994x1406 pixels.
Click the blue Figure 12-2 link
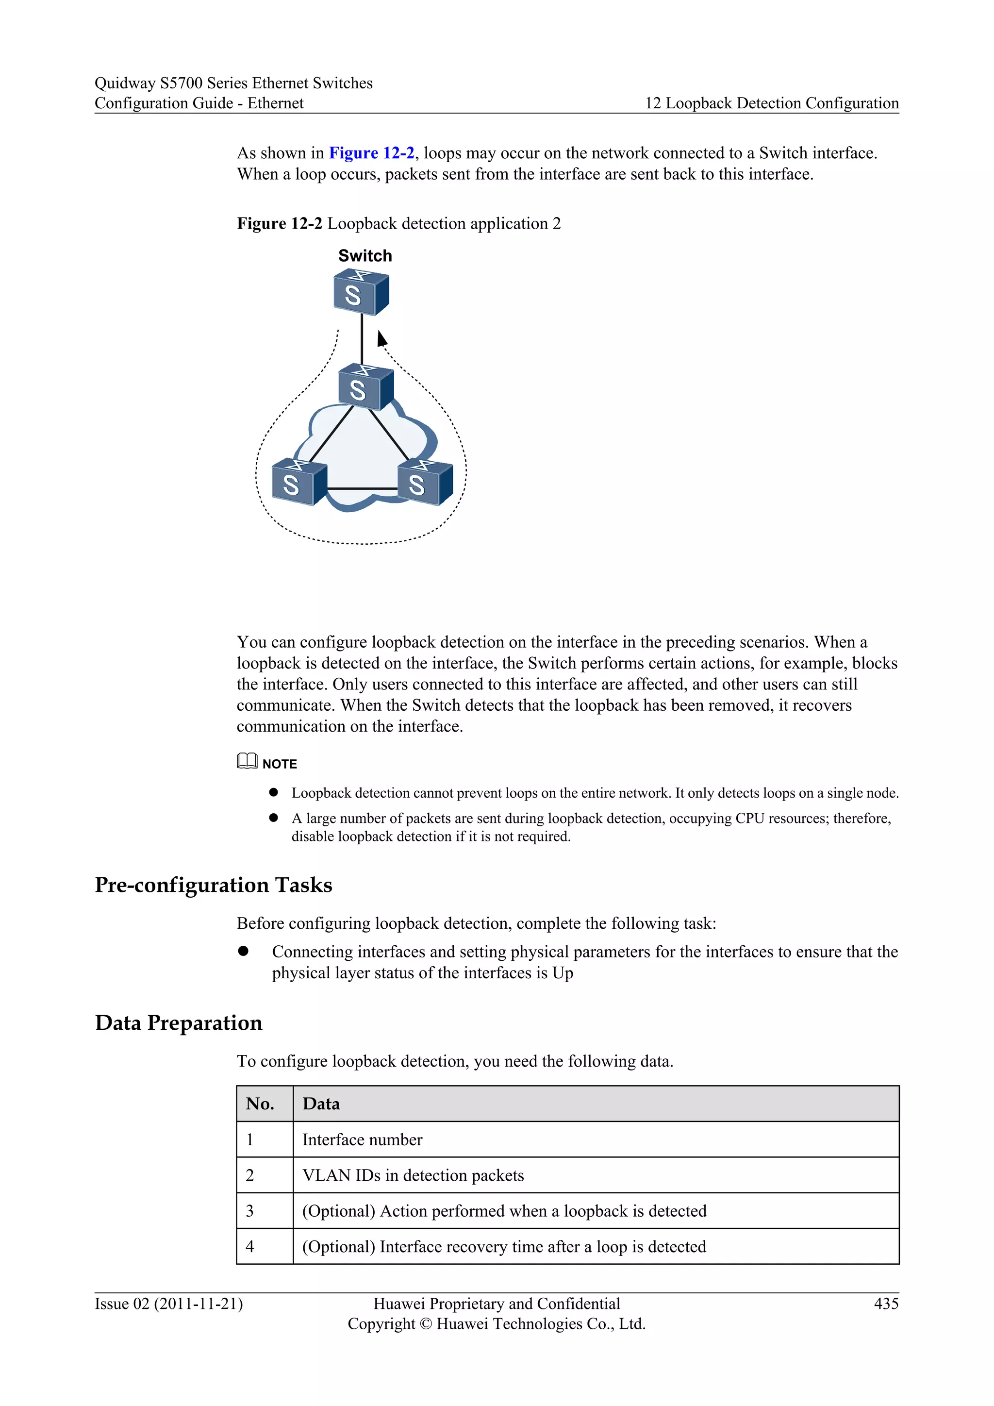pyautogui.click(x=371, y=153)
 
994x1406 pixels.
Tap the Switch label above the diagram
pyautogui.click(x=365, y=256)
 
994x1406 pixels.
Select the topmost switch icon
pyautogui.click(x=361, y=293)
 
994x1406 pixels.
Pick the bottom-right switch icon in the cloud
pyautogui.click(x=425, y=483)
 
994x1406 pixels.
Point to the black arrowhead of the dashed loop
pyautogui.click(x=381, y=339)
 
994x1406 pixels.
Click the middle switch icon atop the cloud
pyautogui.click(x=365, y=387)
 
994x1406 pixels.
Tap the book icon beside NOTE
pyautogui.click(x=247, y=761)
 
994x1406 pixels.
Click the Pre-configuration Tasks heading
pyautogui.click(x=213, y=885)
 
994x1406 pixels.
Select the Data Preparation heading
pyautogui.click(x=179, y=1022)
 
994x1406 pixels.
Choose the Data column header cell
pyautogui.click(x=321, y=1104)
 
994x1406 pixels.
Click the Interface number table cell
pyautogui.click(x=363, y=1139)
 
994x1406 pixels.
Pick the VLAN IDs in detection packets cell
pyautogui.click(x=413, y=1175)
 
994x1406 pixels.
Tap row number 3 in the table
pyautogui.click(x=250, y=1211)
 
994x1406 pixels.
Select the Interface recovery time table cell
pyautogui.click(x=504, y=1246)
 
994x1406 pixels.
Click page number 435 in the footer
pyautogui.click(x=886, y=1304)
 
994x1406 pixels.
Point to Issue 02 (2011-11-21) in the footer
pyautogui.click(x=168, y=1304)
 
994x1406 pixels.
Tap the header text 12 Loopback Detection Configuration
pyautogui.click(x=772, y=103)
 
